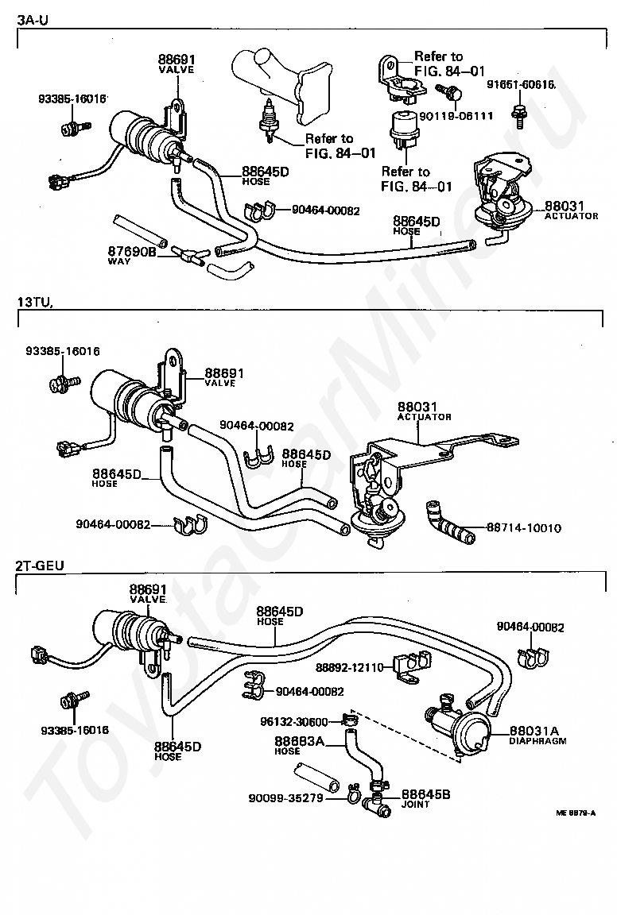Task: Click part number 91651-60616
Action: pos(521,85)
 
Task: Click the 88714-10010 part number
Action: pos(523,527)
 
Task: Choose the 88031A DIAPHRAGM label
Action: pos(537,735)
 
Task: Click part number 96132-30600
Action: pos(294,722)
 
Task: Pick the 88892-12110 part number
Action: pos(349,667)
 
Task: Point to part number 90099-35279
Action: pos(285,797)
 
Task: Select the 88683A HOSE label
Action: pos(299,744)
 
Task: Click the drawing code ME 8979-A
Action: pos(576,813)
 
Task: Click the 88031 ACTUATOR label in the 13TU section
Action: pos(425,411)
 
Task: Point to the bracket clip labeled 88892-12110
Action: pos(411,666)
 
